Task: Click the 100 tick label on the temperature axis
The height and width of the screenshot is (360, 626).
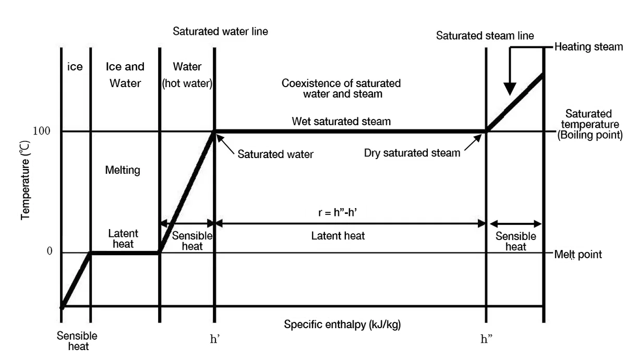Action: [x=41, y=131]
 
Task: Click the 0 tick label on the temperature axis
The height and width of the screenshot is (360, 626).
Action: [x=50, y=251]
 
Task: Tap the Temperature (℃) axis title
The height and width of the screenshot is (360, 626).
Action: [x=25, y=181]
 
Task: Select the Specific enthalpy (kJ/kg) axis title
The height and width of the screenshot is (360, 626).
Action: [x=342, y=325]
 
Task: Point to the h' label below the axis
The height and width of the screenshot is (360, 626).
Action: [x=214, y=339]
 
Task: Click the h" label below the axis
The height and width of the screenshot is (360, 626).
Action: [x=486, y=339]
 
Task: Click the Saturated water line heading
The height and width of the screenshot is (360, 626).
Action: [x=220, y=31]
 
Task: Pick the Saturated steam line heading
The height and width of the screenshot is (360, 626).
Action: [x=485, y=36]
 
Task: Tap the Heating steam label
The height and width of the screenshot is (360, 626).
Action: [x=588, y=47]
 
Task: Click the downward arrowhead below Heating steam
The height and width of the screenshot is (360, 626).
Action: [x=510, y=89]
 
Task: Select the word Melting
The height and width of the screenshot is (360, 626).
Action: [x=123, y=170]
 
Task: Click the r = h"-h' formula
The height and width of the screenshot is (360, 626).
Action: [x=338, y=213]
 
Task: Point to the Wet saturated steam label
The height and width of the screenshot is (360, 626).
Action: [x=341, y=122]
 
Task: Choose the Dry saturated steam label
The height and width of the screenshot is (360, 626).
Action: [x=412, y=153]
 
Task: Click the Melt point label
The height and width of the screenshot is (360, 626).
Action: [x=578, y=255]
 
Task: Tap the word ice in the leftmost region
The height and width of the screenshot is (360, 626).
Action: [x=75, y=67]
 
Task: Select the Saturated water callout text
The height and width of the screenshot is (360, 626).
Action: [x=275, y=154]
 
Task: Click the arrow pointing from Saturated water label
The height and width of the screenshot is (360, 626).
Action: [x=225, y=144]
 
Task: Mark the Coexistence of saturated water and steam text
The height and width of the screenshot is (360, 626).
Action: [x=341, y=89]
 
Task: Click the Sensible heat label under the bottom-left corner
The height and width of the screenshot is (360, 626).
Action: [x=77, y=341]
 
